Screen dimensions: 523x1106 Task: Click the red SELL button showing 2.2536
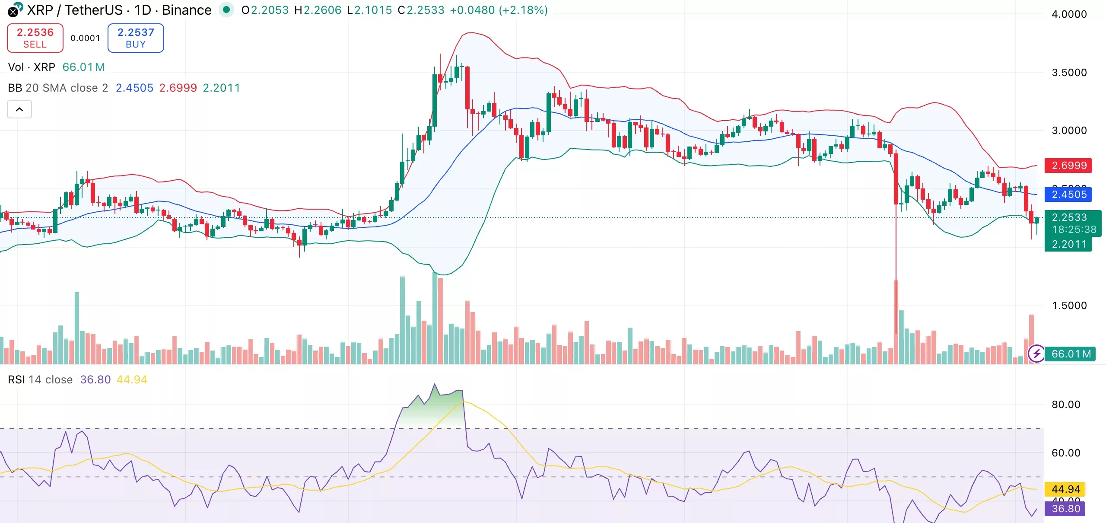[35, 38]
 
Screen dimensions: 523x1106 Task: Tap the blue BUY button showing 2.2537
[136, 38]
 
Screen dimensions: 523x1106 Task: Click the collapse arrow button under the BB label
[19, 109]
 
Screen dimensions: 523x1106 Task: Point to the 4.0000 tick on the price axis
[1069, 14]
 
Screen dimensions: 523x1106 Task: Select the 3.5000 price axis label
[1069, 73]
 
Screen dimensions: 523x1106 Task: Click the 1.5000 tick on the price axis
[1069, 306]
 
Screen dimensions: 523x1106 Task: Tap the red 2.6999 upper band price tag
[1068, 166]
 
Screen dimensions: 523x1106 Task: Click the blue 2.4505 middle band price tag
[1068, 195]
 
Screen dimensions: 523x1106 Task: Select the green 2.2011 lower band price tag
[1068, 244]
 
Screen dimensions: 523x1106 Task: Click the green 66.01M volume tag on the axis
[1071, 354]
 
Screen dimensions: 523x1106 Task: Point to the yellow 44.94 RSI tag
[1065, 489]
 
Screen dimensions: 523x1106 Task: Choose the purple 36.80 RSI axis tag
[1065, 509]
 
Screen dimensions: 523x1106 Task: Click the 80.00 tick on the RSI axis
[1065, 405]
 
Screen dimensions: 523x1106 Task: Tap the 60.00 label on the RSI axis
[1065, 453]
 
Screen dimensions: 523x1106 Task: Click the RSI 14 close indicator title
[40, 379]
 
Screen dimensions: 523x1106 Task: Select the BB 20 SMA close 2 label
[58, 88]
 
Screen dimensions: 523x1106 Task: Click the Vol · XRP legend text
[32, 67]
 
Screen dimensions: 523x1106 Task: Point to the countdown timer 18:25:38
[1074, 230]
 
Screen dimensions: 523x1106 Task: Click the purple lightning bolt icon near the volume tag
[1036, 354]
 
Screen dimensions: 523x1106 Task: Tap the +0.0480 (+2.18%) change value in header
[498, 10]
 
